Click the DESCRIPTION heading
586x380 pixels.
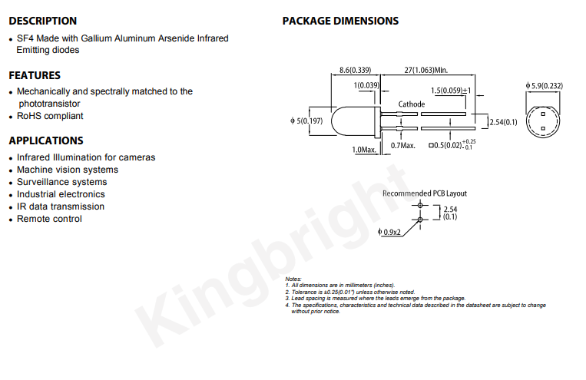pos(42,21)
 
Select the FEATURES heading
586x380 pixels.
pos(35,75)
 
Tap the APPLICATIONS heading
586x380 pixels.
pos(46,140)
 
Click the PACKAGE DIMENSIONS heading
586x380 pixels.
pos(340,21)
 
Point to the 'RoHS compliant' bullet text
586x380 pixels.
pos(50,116)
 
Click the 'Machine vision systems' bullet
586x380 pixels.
pos(68,170)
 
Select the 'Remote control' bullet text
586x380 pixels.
pos(49,219)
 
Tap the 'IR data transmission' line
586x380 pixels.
pos(61,207)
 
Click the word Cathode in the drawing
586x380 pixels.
pos(412,104)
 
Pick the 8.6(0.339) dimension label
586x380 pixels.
pos(355,71)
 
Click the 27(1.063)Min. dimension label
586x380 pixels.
pos(426,71)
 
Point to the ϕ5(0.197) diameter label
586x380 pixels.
pos(306,121)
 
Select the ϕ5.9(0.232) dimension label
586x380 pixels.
pos(544,86)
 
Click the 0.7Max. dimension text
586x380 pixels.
pos(403,146)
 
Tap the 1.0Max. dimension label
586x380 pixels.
pos(364,150)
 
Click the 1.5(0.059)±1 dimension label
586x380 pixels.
pos(451,91)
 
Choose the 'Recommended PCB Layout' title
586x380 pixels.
pos(425,193)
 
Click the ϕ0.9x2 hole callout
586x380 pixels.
pos(389,233)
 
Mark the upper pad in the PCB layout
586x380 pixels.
pos(420,205)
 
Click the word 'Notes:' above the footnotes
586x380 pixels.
pos(293,279)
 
